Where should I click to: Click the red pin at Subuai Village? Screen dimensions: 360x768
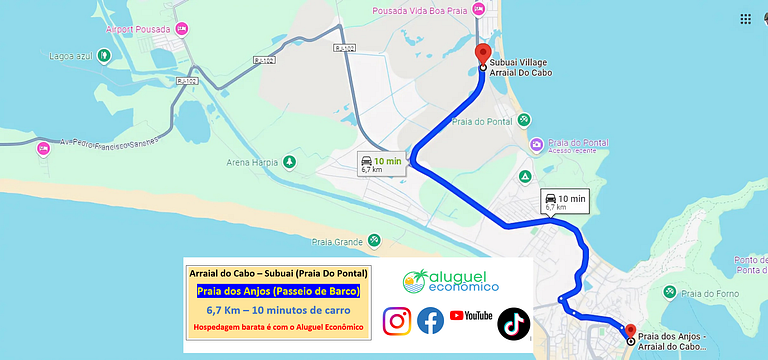click(483, 53)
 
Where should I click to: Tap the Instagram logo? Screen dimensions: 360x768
click(397, 320)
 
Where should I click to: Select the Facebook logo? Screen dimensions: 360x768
click(431, 320)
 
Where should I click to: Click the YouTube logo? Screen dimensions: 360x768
click(471, 316)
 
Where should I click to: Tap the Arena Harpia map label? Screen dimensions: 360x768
click(253, 162)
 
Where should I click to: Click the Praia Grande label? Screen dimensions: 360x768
click(336, 241)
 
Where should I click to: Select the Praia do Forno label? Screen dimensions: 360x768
click(706, 292)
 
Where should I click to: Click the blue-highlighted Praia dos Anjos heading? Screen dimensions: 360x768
click(278, 291)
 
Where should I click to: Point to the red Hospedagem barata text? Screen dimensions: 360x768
click(278, 326)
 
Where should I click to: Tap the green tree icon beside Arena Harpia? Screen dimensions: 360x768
click(289, 161)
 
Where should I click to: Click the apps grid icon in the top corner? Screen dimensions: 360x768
click(745, 19)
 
